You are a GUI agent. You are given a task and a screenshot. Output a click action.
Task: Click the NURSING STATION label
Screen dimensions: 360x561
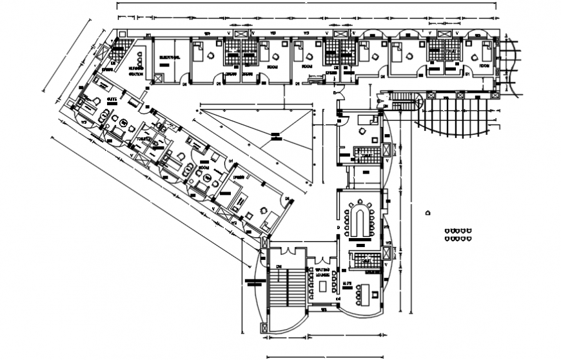tap(135, 70)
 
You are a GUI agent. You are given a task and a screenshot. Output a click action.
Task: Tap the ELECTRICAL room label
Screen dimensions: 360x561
tap(168, 58)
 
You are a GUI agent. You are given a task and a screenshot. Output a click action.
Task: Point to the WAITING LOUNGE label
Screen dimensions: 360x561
tap(322, 273)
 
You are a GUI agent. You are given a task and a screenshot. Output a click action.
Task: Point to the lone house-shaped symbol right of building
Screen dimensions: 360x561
tap(429, 212)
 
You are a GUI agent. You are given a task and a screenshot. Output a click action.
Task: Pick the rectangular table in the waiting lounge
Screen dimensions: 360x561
tap(321, 285)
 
